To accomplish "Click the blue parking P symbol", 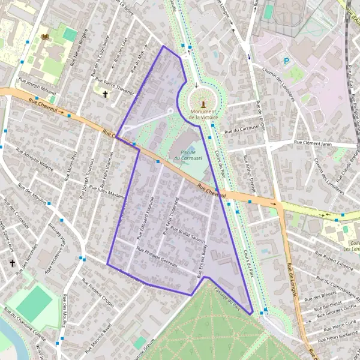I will pyautogui.click(x=286, y=61).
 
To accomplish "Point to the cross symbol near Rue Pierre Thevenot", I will pyautogui.click(x=106, y=94).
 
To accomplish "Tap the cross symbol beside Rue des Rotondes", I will pyautogui.click(x=12, y=263).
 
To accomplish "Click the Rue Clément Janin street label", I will pyautogui.click(x=313, y=143).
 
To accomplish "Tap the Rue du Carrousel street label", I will pyautogui.click(x=244, y=128).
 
